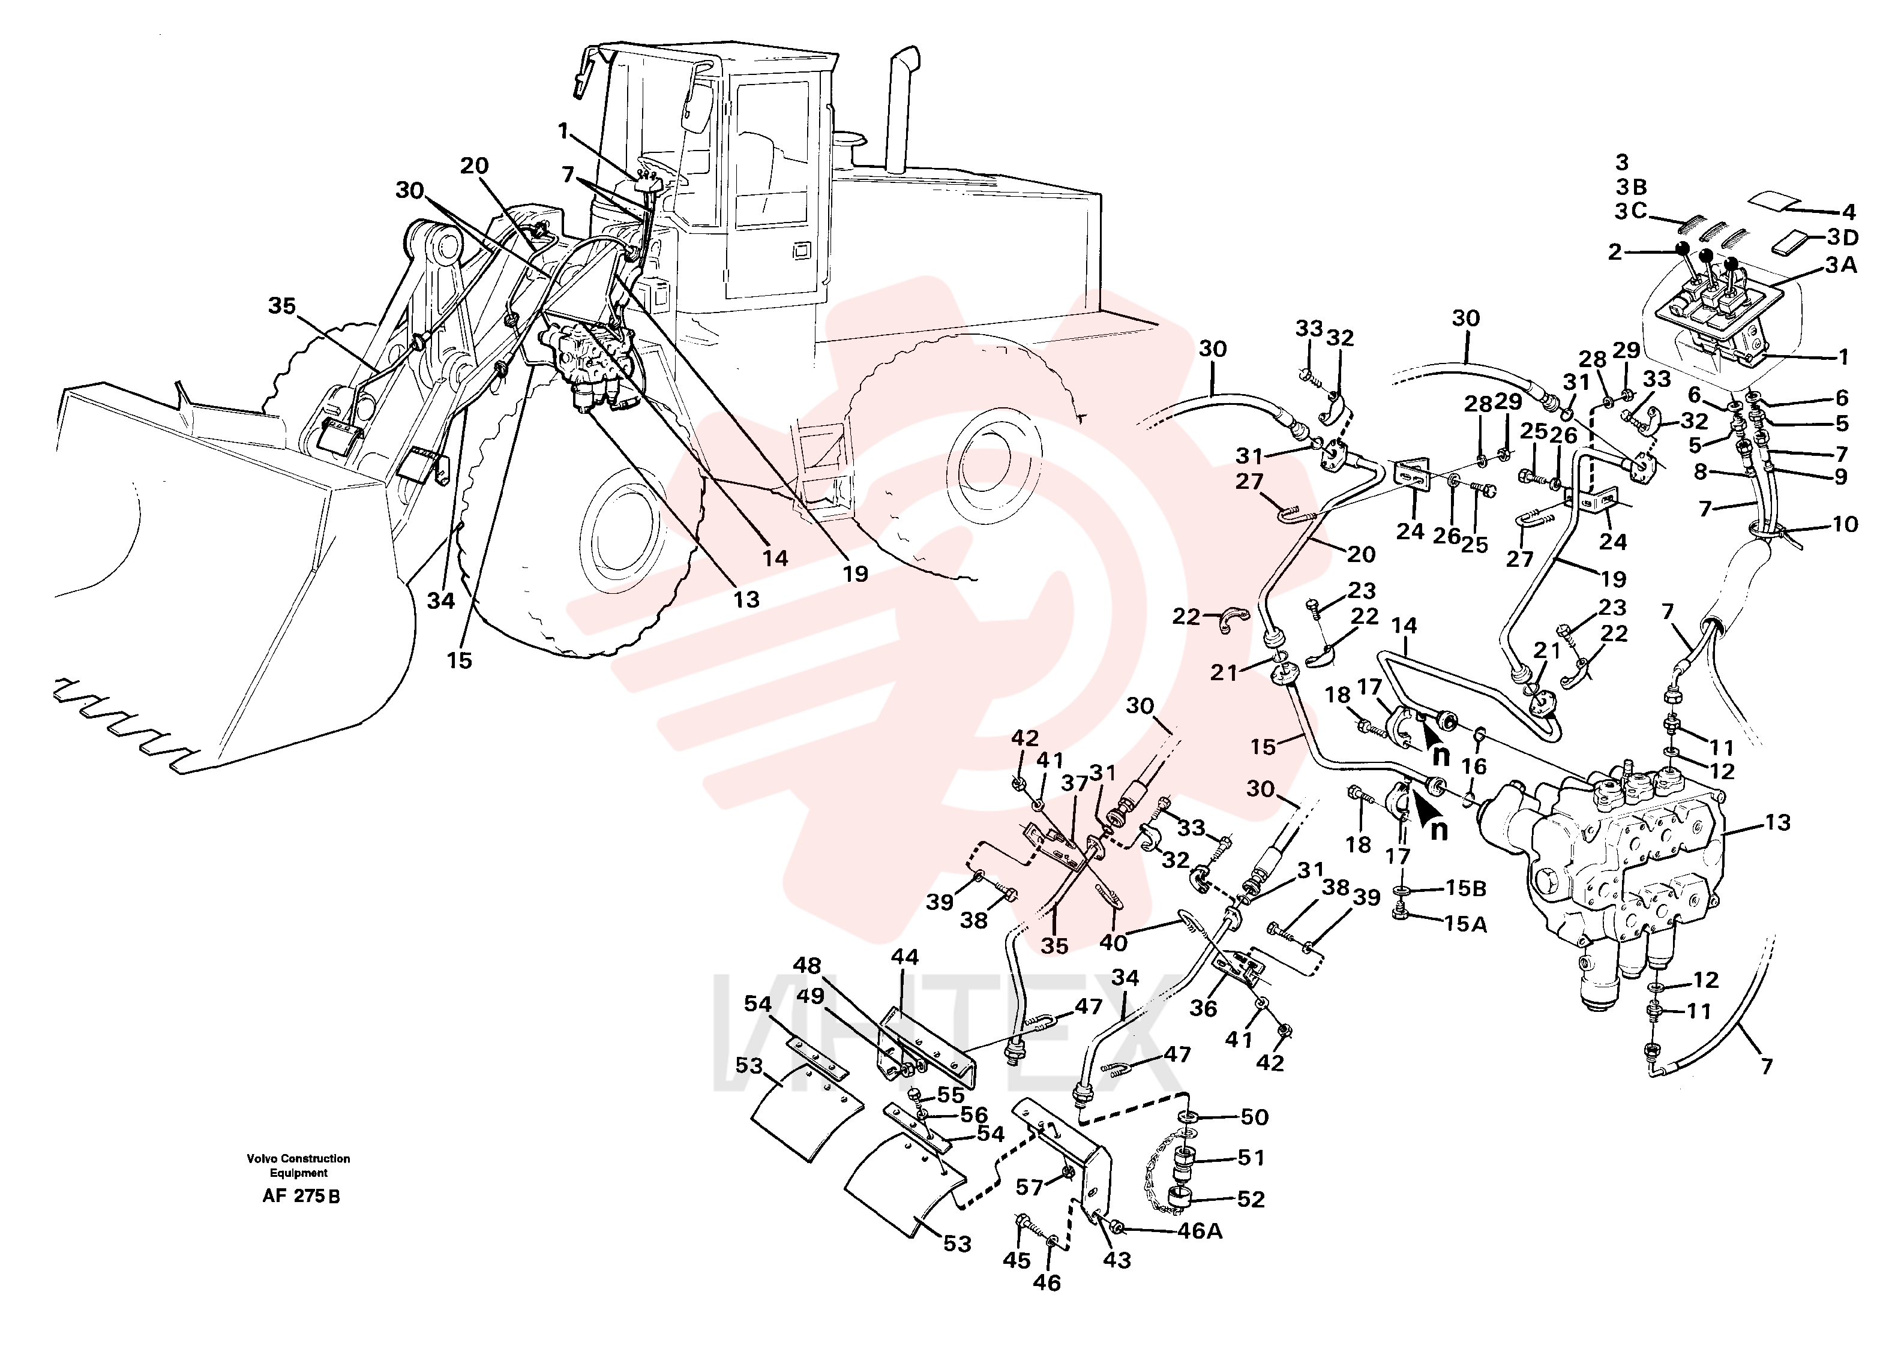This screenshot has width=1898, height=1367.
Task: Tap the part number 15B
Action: pos(1465,888)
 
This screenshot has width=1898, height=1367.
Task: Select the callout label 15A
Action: pos(1465,924)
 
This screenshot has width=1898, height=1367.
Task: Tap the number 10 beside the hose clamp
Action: pos(1845,524)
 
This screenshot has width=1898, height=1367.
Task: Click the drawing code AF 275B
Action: pos(301,1195)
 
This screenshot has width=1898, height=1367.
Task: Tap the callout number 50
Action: pos(1255,1117)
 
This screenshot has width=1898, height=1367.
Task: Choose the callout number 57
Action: pos(1030,1187)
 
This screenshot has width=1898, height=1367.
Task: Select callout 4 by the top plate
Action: pos(1848,212)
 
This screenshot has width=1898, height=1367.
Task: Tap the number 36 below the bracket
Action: pos(1203,1009)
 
